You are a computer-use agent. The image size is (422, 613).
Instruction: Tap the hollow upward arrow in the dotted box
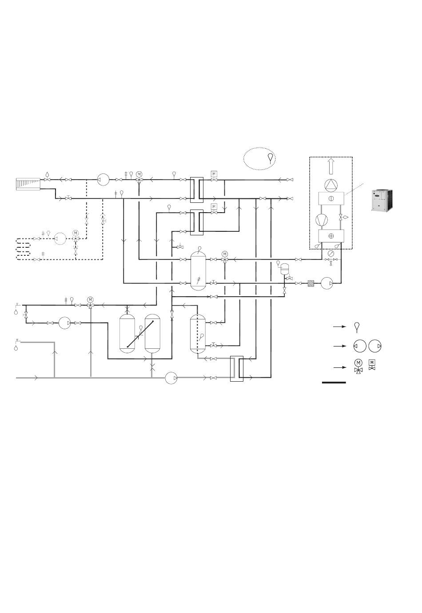point(331,167)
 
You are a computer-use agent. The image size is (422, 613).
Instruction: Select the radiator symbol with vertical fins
point(28,183)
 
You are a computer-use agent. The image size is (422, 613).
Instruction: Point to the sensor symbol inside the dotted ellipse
point(271,158)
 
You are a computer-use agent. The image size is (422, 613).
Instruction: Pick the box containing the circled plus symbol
point(331,236)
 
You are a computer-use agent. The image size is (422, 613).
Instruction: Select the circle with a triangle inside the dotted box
point(331,185)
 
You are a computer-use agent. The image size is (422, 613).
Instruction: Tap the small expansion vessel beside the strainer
point(285,268)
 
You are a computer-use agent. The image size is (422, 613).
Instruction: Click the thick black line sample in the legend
point(334,382)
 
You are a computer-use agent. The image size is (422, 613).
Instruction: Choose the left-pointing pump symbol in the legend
point(360,346)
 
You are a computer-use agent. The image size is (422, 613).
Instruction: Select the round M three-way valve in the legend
point(358,365)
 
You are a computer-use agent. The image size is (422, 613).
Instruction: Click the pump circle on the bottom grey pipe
point(171,378)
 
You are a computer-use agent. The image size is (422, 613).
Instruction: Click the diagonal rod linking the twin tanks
point(140,334)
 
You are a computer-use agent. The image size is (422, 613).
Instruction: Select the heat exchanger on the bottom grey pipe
point(237,368)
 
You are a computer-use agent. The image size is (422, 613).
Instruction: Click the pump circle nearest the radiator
point(104,180)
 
